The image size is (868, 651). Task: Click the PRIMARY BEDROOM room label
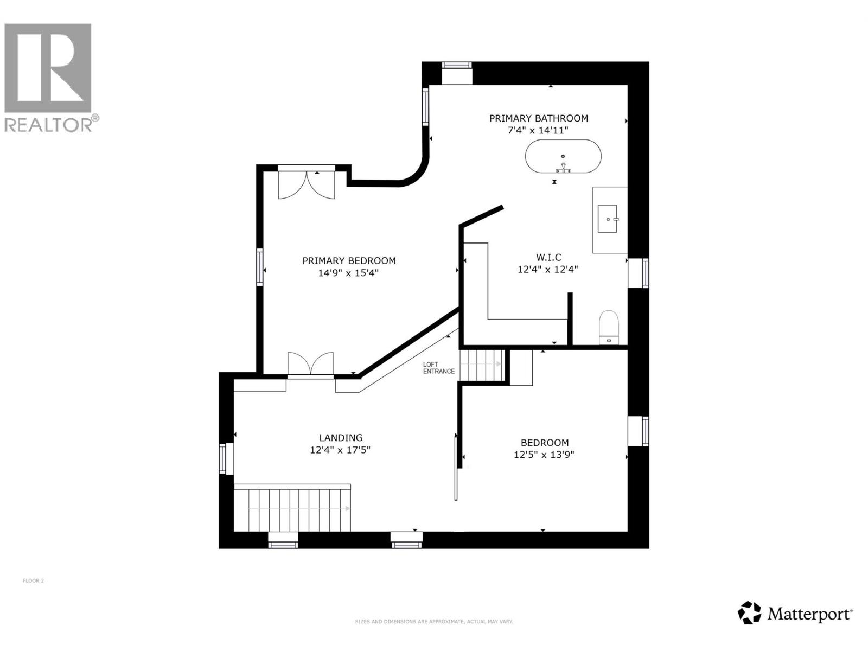pos(349,261)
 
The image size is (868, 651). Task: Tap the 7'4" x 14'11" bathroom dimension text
pos(538,130)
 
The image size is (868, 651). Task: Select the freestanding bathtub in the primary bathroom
pos(563,156)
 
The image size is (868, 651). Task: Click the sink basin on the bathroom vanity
pos(607,219)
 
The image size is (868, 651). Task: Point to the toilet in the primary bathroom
pos(609,328)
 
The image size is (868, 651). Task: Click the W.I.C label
pos(548,257)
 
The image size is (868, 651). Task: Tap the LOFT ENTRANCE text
pos(438,368)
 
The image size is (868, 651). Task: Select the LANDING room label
pos(341,438)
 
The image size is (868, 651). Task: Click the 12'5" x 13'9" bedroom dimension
pos(544,455)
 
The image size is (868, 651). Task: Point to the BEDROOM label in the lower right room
pos(545,443)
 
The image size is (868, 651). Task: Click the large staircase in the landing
pos(292,508)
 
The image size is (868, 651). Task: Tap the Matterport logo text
pos(809,614)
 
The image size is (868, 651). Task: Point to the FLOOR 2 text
pos(34,580)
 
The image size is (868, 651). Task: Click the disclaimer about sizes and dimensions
pos(434,622)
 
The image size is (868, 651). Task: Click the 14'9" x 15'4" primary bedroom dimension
pos(348,273)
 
